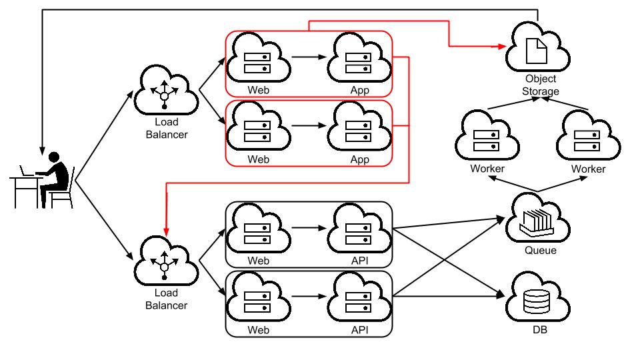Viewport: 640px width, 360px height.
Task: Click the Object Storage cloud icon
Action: click(x=537, y=47)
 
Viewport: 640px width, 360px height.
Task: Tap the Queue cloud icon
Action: click(x=537, y=219)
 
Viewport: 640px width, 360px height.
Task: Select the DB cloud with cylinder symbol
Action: click(x=537, y=298)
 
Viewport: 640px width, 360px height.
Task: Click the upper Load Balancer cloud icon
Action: click(x=166, y=90)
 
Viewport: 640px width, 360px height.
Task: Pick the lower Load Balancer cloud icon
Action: click(x=166, y=261)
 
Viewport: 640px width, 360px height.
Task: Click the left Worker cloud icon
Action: click(x=487, y=136)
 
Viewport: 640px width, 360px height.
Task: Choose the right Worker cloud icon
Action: click(x=588, y=136)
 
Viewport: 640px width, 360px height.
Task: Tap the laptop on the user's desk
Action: click(x=27, y=171)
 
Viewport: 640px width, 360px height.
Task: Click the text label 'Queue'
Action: click(x=541, y=250)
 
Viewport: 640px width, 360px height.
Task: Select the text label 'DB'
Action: click(x=539, y=330)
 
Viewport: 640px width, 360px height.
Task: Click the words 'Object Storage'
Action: click(x=541, y=85)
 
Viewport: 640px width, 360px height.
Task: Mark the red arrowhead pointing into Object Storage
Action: click(x=501, y=47)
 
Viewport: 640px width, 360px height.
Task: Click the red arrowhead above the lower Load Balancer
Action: click(x=166, y=231)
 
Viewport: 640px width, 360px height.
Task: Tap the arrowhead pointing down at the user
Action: click(x=42, y=151)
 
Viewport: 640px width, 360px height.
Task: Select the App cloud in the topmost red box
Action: click(x=359, y=58)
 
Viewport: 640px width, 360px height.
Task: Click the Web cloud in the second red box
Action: click(x=258, y=127)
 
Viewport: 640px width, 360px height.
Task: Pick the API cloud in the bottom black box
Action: click(x=359, y=297)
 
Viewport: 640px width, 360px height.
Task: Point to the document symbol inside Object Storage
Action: click(x=536, y=51)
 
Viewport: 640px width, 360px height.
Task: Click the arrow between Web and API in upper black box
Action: click(x=309, y=228)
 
